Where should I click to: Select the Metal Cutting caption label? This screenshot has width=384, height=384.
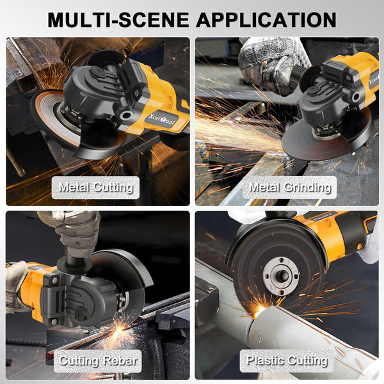(x=96, y=187)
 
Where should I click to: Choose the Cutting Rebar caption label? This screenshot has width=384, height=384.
(x=97, y=360)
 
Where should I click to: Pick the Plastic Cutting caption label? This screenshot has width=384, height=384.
(x=287, y=360)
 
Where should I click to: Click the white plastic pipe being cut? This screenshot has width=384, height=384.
(x=301, y=333)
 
